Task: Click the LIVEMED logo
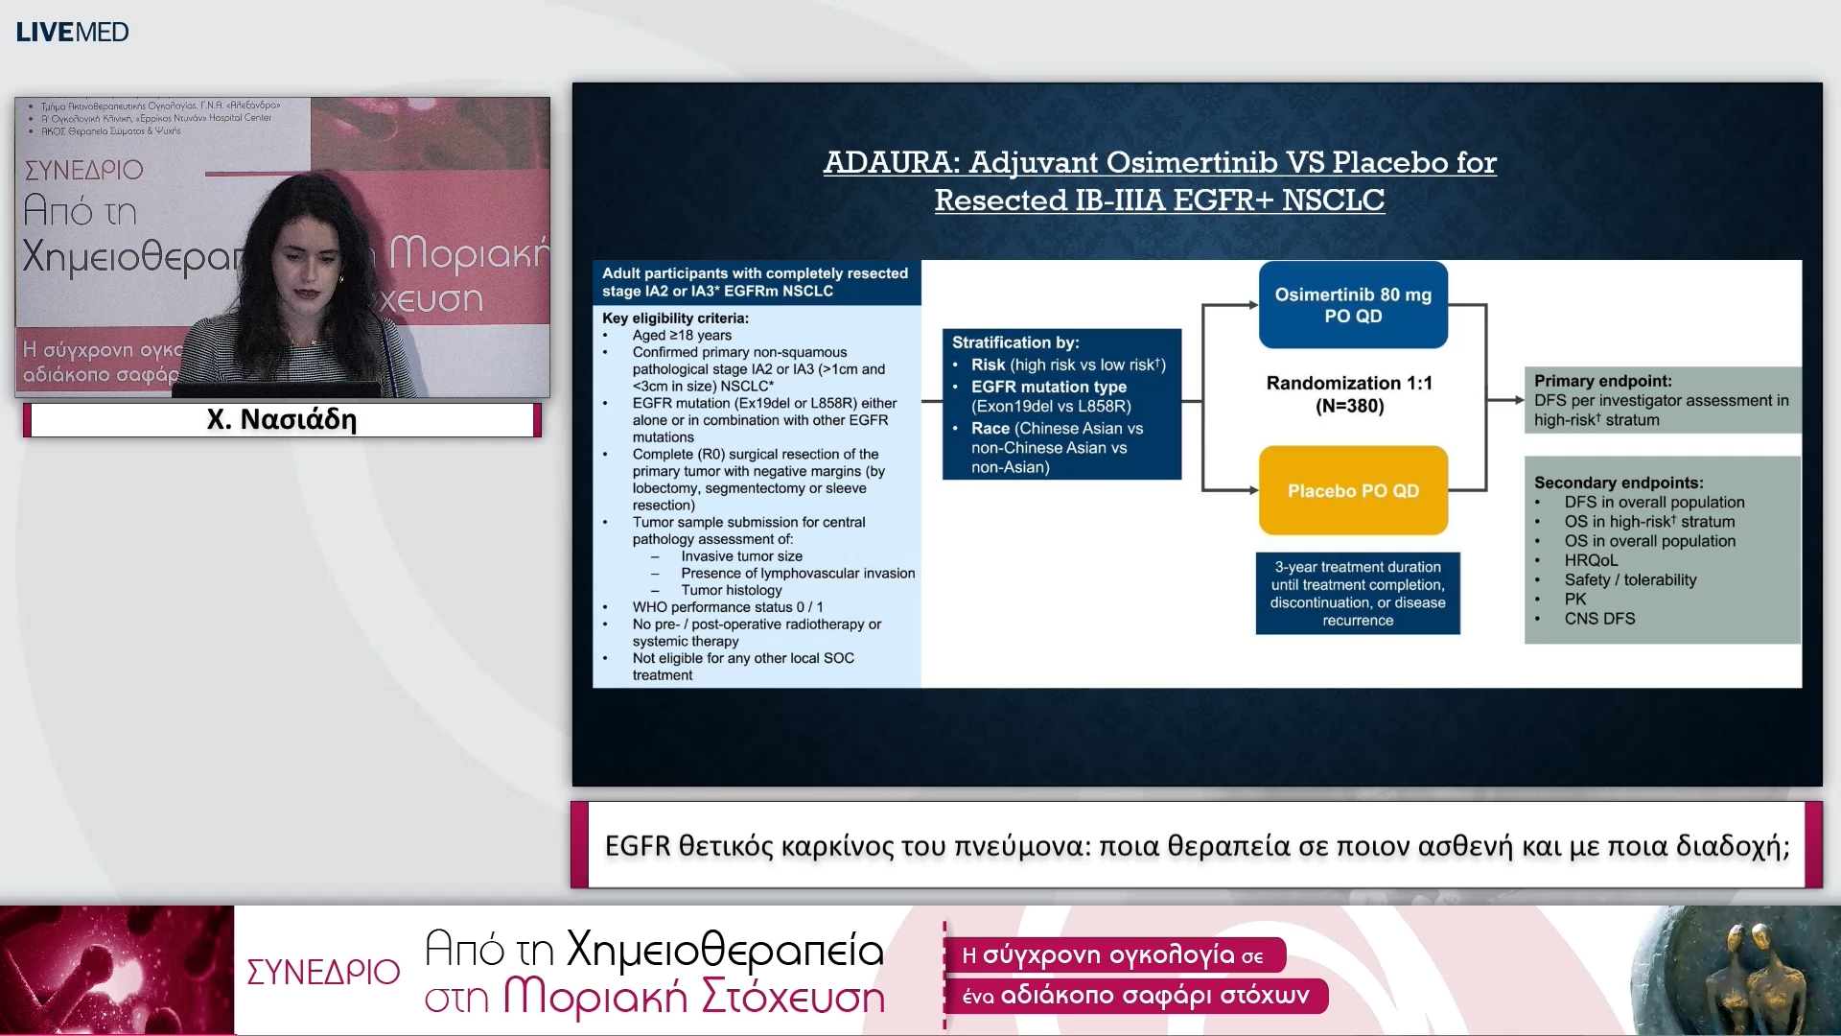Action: pyautogui.click(x=72, y=32)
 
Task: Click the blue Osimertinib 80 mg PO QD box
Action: pyautogui.click(x=1352, y=305)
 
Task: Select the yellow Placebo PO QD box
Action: pyautogui.click(x=1352, y=490)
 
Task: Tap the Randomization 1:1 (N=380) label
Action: pyautogui.click(x=1349, y=394)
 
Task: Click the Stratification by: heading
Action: pyautogui.click(x=1014, y=342)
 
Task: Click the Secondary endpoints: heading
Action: pyautogui.click(x=1618, y=483)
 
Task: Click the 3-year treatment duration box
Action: pyautogui.click(x=1357, y=593)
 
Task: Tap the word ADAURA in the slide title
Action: pyautogui.click(x=891, y=162)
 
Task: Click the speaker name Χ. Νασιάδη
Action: pyautogui.click(x=282, y=419)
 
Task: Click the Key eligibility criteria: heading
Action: pyautogui.click(x=675, y=318)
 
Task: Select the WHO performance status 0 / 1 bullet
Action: pyautogui.click(x=727, y=607)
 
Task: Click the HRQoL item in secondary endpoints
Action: pyautogui.click(x=1591, y=560)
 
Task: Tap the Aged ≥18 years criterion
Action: pyautogui.click(x=681, y=336)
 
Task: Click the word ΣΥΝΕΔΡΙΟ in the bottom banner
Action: pyautogui.click(x=323, y=972)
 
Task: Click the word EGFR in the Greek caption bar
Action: pyautogui.click(x=638, y=846)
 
